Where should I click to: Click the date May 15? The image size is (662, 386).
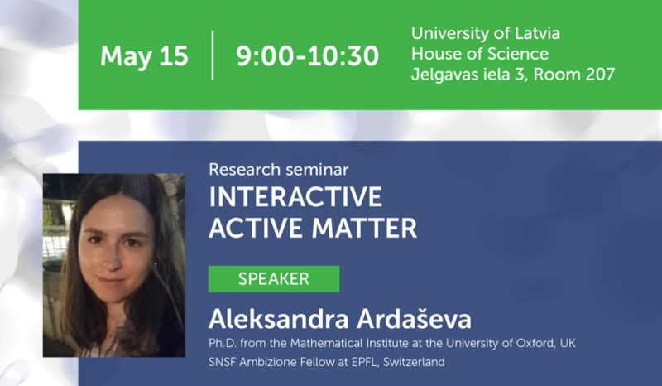click(x=144, y=56)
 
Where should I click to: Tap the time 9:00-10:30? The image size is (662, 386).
click(x=307, y=56)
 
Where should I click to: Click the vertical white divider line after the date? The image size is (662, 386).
click(x=213, y=55)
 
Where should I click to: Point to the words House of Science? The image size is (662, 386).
click(x=479, y=55)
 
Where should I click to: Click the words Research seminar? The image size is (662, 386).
click(x=278, y=170)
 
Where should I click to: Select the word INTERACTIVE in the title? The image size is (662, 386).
click(x=295, y=197)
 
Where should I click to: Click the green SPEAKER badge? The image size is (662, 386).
click(x=273, y=279)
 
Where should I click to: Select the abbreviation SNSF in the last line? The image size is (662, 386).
click(x=224, y=362)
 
